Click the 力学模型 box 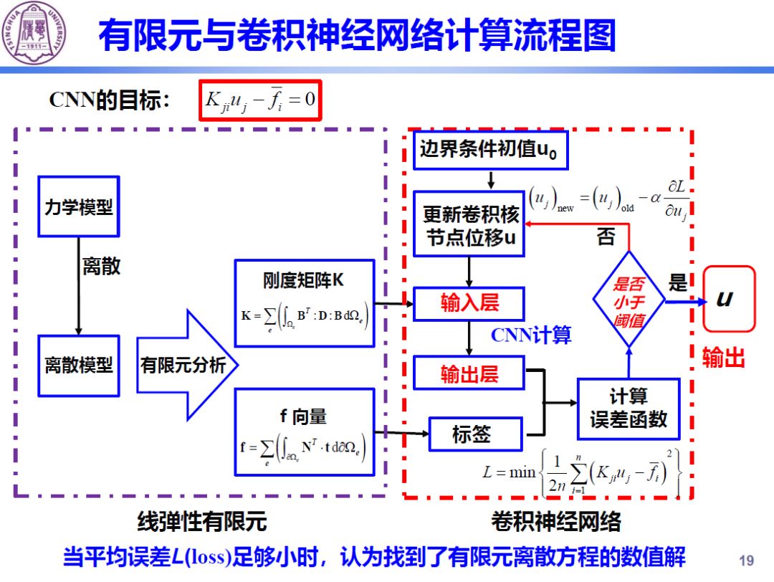78,206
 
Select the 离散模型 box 78,366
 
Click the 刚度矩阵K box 304,303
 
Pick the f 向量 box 304,432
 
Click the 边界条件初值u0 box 490,150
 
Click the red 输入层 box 469,303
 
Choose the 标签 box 470,434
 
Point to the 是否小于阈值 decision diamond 629,301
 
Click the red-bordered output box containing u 728,299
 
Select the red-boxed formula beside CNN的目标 259,100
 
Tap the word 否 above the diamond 606,237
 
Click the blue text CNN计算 530,335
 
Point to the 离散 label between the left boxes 101,267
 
